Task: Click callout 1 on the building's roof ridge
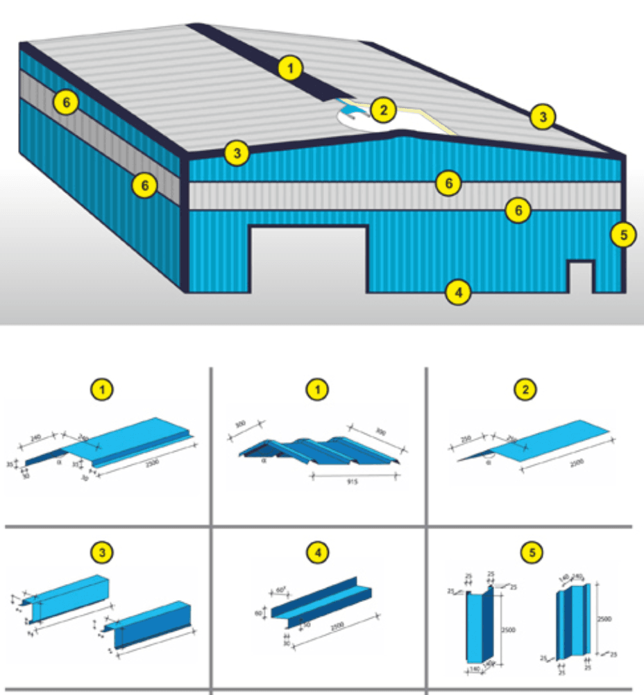[291, 68]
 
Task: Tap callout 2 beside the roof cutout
[382, 109]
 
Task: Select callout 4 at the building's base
[457, 292]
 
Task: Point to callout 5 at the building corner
[623, 235]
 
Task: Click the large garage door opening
[307, 260]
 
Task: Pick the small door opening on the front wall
[580, 277]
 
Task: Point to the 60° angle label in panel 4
[281, 590]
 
